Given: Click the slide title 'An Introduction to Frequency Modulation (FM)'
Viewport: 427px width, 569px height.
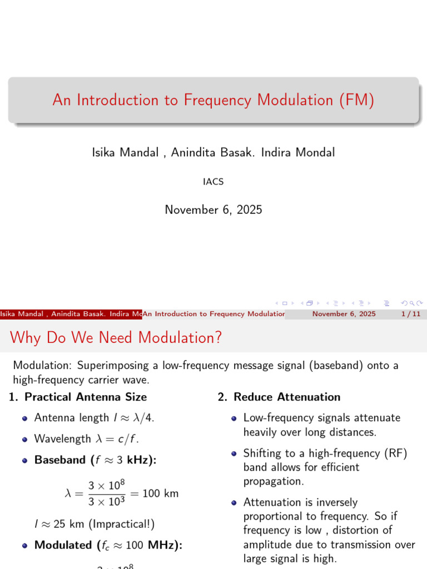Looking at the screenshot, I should pos(213,100).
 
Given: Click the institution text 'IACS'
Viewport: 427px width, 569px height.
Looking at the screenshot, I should pos(213,182).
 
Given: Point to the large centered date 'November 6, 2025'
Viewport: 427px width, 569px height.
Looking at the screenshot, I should pos(213,209).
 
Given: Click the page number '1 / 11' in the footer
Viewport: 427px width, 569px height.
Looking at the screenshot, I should pos(410,314).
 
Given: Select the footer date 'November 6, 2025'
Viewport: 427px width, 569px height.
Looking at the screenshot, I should pos(344,314).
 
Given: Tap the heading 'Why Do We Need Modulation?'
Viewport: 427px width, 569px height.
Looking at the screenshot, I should pos(116,337).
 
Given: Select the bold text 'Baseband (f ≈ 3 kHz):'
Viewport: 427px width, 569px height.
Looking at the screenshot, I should pos(96,460).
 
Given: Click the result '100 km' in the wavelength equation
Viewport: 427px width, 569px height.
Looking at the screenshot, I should pos(161,493).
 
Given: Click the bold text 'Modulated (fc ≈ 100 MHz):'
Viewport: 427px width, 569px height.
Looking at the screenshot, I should pos(108,545).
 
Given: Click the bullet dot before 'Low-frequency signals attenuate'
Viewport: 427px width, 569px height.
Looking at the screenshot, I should pos(235,418).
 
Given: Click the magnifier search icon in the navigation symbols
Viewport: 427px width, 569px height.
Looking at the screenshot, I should pos(411,303).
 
